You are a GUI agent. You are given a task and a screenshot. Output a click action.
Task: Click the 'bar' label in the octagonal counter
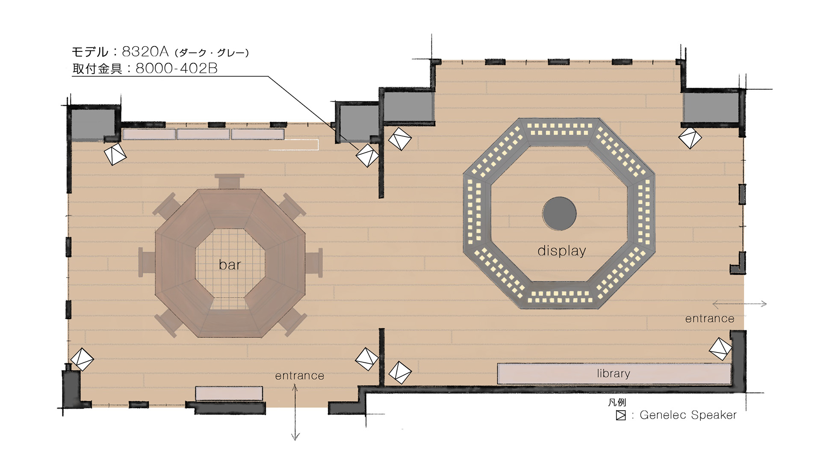(x=230, y=265)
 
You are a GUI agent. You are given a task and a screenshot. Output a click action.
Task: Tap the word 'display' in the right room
(x=561, y=251)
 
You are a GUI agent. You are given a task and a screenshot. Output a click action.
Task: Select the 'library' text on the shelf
(x=614, y=373)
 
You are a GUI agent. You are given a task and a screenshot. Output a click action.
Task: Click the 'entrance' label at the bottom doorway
(x=299, y=376)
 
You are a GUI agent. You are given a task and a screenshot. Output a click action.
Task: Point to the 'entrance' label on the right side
(x=709, y=319)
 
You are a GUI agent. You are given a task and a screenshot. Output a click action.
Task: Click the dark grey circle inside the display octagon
(x=559, y=213)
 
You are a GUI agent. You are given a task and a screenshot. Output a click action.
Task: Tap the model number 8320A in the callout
(x=145, y=52)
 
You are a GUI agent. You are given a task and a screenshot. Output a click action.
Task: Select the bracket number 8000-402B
(x=177, y=68)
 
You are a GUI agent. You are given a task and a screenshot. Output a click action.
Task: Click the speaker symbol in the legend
(x=620, y=415)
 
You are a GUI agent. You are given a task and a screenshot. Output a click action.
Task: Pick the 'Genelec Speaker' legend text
(x=688, y=415)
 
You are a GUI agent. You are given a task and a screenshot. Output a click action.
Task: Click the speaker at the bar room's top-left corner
(x=115, y=154)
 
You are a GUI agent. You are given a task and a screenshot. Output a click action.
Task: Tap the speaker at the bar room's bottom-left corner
(x=82, y=359)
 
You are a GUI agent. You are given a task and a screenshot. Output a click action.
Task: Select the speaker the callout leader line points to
(x=368, y=155)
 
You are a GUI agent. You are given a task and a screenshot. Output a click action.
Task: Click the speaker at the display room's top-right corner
(x=690, y=138)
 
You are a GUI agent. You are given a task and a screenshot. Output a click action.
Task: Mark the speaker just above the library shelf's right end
(x=721, y=349)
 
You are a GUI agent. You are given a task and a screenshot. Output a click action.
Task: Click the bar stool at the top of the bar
(x=230, y=181)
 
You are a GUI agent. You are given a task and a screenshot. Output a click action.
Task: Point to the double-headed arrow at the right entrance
(x=739, y=304)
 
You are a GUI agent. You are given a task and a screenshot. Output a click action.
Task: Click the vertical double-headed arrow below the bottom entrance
(x=295, y=412)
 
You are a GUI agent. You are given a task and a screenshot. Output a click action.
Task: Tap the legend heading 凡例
(x=617, y=403)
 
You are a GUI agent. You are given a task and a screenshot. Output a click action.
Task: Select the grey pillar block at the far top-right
(x=711, y=108)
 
